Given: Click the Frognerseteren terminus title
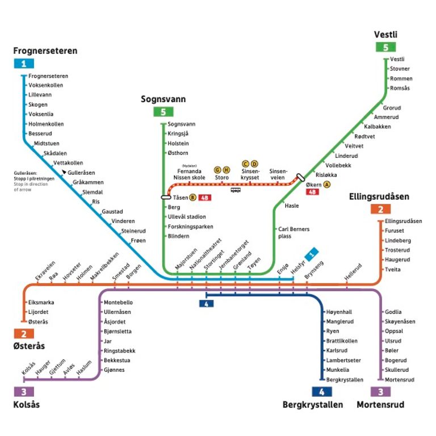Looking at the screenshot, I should (45, 51).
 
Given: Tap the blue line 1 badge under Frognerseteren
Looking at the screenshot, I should (23, 64).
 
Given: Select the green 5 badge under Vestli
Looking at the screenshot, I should (386, 47).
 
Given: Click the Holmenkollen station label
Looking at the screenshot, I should (46, 124).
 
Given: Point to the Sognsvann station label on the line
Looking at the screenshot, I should (181, 124).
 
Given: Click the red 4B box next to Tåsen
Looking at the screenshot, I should (205, 198).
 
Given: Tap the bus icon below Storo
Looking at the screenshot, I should (235, 190).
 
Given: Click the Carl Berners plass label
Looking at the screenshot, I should (294, 232).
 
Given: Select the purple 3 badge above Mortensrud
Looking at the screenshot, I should (380, 392).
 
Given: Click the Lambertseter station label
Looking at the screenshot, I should (343, 360).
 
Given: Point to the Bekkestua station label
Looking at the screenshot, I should (117, 360).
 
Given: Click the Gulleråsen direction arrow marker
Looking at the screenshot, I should (64, 171).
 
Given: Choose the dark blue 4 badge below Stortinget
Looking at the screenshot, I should (206, 303).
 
